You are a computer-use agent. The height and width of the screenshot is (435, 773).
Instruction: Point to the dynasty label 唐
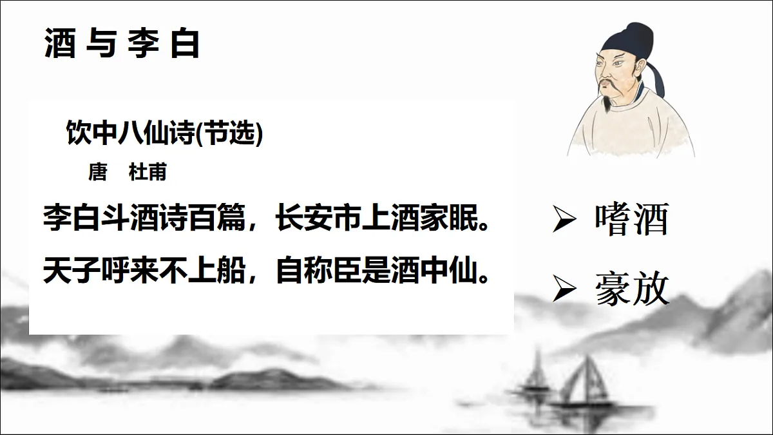click(97, 173)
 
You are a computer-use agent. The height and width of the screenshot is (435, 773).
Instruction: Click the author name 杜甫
click(148, 173)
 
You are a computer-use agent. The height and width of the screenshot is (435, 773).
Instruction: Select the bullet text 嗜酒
click(632, 220)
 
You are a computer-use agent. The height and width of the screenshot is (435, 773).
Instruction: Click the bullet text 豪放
click(632, 289)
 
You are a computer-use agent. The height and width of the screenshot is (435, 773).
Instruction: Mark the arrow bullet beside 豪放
click(564, 291)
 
